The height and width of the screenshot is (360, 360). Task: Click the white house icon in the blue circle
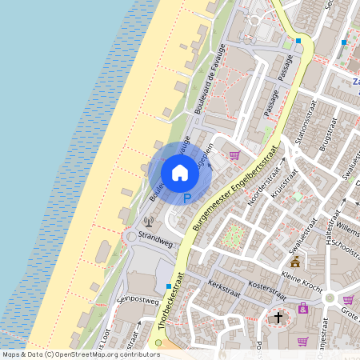tap(180, 172)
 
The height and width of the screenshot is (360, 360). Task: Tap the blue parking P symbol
tap(187, 198)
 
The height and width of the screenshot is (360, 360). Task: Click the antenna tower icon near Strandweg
tap(147, 222)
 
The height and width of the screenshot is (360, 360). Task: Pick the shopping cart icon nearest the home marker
tap(234, 155)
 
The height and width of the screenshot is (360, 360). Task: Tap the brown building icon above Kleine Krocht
tap(295, 262)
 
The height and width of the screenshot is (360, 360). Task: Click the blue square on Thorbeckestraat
tap(168, 286)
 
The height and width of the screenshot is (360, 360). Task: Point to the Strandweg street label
tap(155, 238)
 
